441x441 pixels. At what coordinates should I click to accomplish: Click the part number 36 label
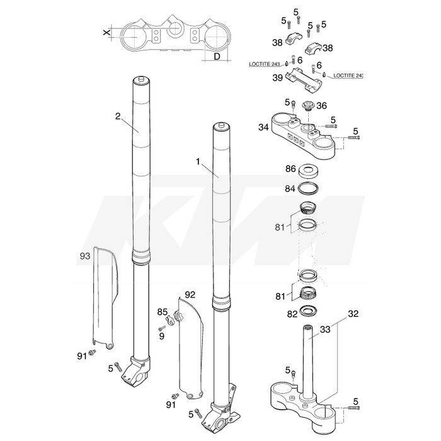[321, 106]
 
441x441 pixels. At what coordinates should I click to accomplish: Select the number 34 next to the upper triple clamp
[263, 127]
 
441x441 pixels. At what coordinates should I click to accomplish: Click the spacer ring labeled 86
[309, 171]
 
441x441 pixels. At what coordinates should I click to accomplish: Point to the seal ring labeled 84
[309, 188]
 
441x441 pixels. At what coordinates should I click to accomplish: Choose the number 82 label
[292, 314]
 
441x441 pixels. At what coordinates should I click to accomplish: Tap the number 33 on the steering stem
[325, 329]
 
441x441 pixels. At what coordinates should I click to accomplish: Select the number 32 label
[353, 314]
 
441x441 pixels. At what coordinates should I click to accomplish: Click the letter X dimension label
[106, 33]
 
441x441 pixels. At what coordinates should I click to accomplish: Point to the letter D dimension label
[217, 57]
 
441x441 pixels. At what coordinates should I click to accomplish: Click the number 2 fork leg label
[118, 116]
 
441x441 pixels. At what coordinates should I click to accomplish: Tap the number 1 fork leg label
[198, 162]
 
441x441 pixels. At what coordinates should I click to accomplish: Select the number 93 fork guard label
[85, 256]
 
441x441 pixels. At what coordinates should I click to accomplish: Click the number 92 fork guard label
[190, 295]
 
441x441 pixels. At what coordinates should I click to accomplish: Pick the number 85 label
[163, 312]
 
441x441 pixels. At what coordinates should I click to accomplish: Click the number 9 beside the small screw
[162, 336]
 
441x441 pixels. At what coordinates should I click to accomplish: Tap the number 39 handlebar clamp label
[278, 78]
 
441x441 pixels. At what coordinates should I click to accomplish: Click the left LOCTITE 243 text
[264, 64]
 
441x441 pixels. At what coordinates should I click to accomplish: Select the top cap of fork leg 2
[141, 81]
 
